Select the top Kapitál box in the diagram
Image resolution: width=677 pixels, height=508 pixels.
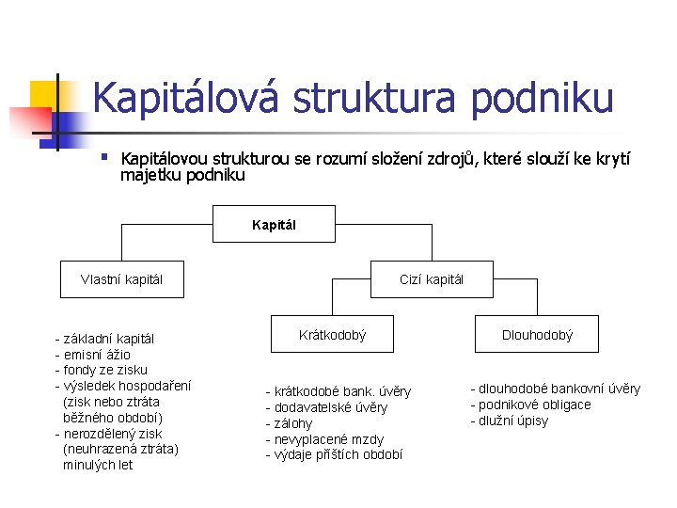pos(274,224)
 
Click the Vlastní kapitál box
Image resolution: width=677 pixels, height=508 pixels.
pos(121,278)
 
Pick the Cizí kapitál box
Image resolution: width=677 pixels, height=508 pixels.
pos(431,278)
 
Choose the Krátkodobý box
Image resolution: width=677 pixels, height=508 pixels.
pos(332,334)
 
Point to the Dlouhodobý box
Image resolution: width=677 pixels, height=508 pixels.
pos(536,334)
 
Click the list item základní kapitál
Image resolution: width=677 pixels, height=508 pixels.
pos(105,338)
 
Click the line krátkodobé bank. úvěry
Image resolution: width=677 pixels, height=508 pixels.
pos(338,391)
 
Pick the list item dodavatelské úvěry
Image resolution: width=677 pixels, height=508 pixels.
pos(326,407)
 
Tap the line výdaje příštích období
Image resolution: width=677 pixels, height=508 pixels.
pos(334,455)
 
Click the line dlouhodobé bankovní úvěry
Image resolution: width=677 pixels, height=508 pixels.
pos(556,389)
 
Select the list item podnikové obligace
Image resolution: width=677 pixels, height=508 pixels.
pos(531,405)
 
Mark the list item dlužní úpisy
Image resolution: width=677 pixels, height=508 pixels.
pos(510,421)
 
